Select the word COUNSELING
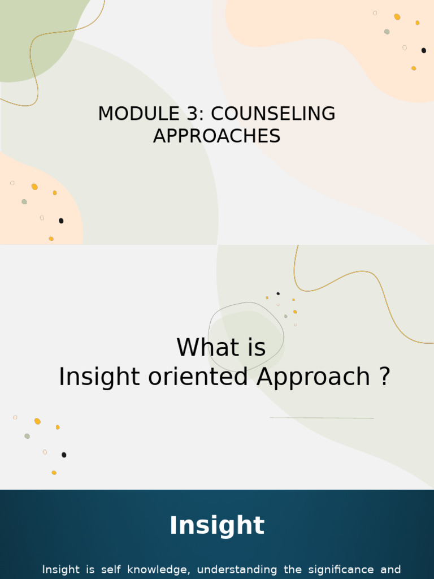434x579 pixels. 273,114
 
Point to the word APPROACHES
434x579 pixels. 216,136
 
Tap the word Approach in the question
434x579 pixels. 313,377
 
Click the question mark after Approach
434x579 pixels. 384,377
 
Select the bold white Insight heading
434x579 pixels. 217,525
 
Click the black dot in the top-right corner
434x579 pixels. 424,50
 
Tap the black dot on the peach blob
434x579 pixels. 61,221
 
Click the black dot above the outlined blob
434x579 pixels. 278,293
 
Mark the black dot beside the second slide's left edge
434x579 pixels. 64,455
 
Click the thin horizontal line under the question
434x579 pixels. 322,418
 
